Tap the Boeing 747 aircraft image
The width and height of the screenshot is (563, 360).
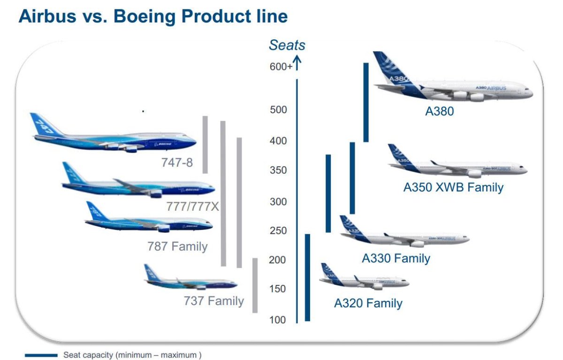point(113,136)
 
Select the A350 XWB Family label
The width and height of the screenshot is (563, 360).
point(453,188)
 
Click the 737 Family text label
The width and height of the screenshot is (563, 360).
point(213,301)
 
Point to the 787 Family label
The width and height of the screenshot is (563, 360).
point(177,246)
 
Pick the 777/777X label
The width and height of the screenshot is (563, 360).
point(192,206)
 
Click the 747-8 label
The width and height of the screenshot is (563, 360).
point(176,163)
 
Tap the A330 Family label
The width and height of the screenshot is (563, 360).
point(396,258)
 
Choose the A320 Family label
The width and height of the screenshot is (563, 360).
point(368,303)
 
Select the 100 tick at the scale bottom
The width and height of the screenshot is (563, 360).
point(277,320)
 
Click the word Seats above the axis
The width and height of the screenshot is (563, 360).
point(287,46)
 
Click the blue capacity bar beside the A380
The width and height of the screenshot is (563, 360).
point(366,102)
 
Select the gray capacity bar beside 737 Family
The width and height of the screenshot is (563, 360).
point(255,285)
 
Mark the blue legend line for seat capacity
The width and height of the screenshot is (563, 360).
point(41,355)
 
